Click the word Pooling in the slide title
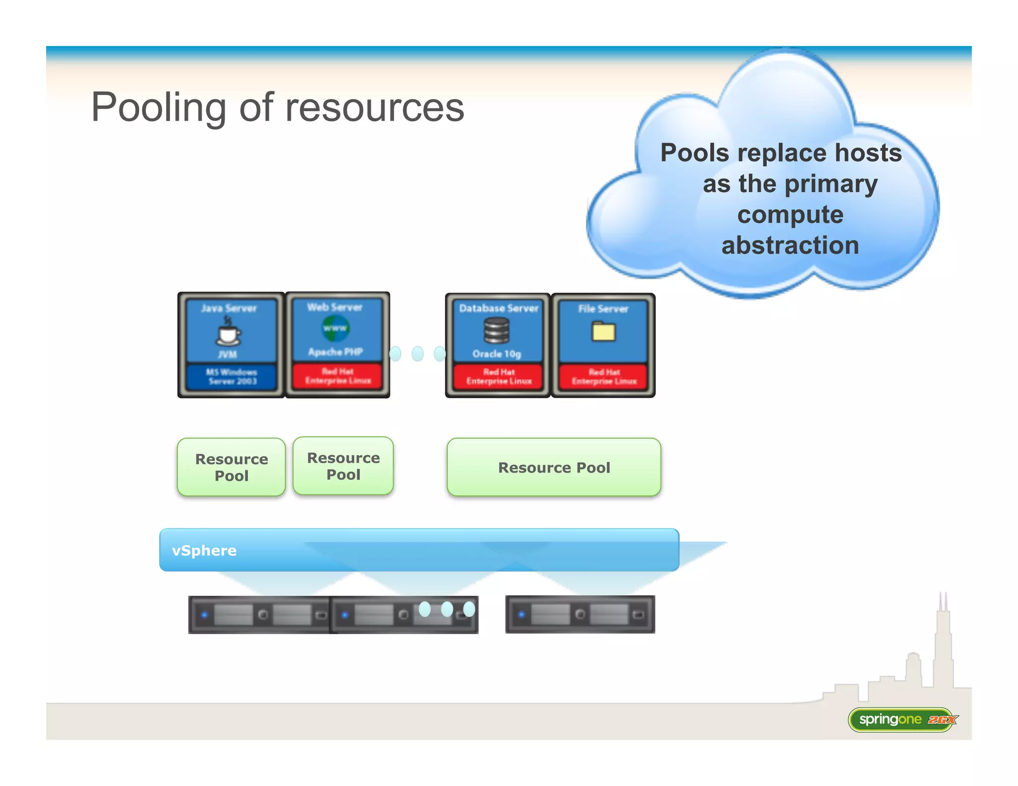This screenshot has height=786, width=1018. (x=158, y=108)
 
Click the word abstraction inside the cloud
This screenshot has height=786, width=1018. (x=790, y=245)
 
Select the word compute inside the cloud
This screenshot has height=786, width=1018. (x=790, y=215)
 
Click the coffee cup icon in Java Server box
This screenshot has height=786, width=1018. (x=228, y=332)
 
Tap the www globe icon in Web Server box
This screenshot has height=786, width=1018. (x=335, y=328)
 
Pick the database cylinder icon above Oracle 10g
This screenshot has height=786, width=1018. (x=497, y=330)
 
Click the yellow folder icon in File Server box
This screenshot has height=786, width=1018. (x=603, y=331)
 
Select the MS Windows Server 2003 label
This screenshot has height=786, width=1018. (x=232, y=377)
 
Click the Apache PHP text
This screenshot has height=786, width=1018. (x=336, y=352)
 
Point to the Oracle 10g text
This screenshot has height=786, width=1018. (x=497, y=354)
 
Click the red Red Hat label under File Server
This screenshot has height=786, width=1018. (x=604, y=377)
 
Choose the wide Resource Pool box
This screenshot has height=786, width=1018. (x=554, y=467)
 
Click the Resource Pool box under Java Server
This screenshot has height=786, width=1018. (x=231, y=467)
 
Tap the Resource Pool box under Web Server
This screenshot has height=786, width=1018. (x=343, y=466)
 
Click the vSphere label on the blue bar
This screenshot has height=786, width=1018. (x=204, y=550)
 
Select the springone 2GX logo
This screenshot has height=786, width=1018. (x=902, y=719)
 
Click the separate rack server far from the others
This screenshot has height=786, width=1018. (x=580, y=615)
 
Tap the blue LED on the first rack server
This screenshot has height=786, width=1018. (x=204, y=615)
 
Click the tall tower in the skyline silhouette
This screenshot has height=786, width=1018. (x=942, y=641)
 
